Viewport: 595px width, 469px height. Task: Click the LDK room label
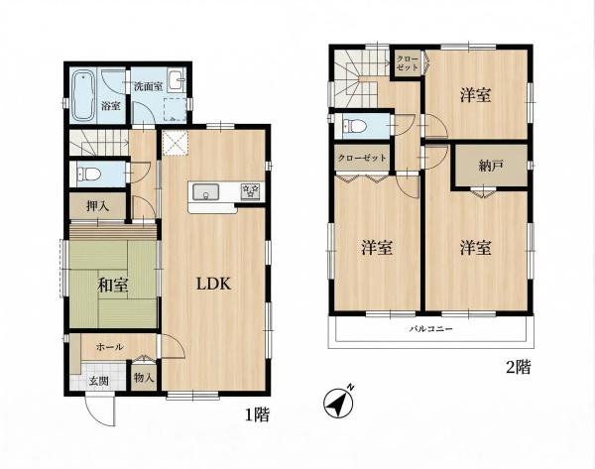point(213,284)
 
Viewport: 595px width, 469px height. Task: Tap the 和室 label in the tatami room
point(112,285)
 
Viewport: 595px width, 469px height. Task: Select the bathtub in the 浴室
point(83,95)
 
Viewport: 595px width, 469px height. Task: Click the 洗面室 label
point(149,86)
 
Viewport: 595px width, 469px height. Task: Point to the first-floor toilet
point(89,175)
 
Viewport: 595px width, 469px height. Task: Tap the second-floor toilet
point(354,125)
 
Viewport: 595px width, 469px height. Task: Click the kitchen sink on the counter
point(205,192)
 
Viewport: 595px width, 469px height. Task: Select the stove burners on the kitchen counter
point(251,190)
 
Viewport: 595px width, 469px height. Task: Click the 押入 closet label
point(97,206)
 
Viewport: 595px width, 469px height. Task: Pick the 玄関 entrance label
point(99,381)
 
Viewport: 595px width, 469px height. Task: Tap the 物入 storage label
point(144,378)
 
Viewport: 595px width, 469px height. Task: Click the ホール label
point(110,346)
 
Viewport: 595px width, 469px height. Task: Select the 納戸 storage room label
point(491,166)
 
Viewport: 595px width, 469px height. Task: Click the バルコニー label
point(430,328)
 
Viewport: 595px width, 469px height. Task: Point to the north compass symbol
point(339,403)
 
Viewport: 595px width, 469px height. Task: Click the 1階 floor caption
point(257,415)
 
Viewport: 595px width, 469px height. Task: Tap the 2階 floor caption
point(519,367)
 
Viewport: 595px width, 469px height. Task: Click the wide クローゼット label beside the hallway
point(362,158)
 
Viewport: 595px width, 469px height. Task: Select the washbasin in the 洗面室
point(176,80)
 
